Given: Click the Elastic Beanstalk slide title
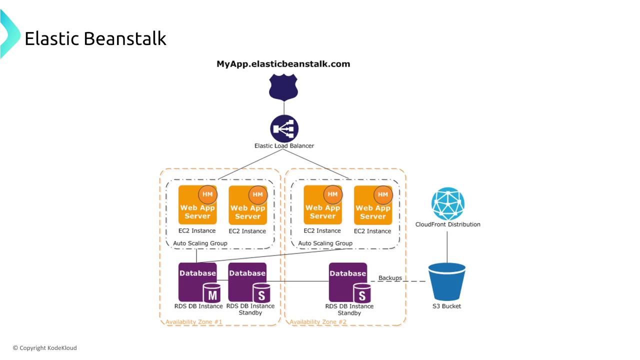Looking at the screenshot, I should (95, 38).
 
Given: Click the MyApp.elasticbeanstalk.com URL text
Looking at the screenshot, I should (283, 64).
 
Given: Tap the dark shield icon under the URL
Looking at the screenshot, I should (283, 87).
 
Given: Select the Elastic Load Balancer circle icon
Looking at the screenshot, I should (284, 128).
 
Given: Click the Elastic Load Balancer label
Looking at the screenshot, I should (284, 146).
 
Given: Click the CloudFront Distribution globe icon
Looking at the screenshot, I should (447, 204).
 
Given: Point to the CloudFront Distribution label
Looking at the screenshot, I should (447, 224).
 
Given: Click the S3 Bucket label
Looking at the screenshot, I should (446, 306).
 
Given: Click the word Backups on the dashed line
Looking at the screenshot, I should (390, 278).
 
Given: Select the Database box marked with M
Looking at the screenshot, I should (198, 282).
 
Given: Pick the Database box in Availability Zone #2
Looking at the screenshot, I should (348, 282).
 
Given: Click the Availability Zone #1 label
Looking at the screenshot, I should (194, 322).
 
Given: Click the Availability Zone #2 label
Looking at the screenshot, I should (318, 322).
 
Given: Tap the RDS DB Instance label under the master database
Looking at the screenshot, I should (198, 306).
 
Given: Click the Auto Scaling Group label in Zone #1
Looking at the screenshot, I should (200, 243).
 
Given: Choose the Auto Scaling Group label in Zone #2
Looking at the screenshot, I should (325, 243).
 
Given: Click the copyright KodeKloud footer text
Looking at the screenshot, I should (45, 348).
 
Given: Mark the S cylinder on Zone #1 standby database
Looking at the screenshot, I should (261, 293).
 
